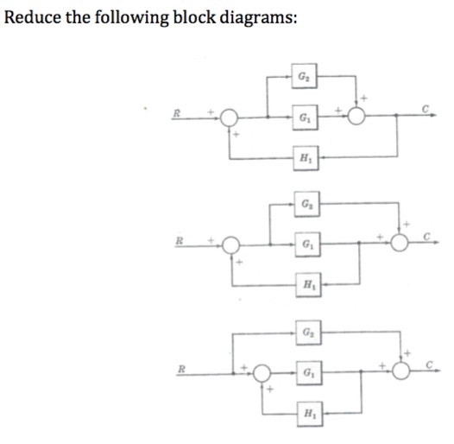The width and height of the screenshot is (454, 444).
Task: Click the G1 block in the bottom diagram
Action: click(308, 374)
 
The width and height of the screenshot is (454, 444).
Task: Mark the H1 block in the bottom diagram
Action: click(308, 414)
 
